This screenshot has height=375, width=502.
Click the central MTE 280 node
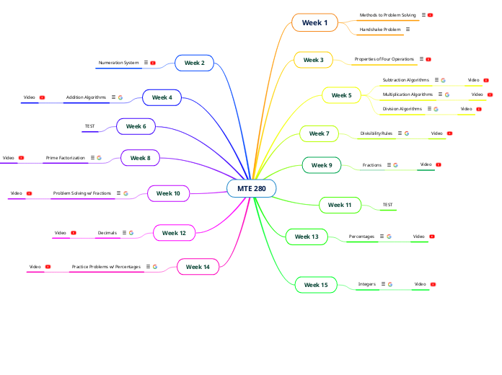[251, 188]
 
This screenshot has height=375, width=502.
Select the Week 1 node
[314, 23]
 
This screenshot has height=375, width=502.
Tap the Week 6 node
[136, 126]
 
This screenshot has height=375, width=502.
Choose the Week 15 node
[316, 285]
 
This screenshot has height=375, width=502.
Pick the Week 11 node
[340, 205]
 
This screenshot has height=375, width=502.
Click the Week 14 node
[198, 267]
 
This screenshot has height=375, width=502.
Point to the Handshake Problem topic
[380, 30]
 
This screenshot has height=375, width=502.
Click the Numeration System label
[118, 63]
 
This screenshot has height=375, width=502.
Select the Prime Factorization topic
[65, 157]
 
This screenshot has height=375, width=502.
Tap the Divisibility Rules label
[376, 133]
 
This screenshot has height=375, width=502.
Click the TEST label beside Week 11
[388, 205]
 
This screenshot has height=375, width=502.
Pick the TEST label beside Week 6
[89, 126]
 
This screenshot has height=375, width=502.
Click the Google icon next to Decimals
[131, 233]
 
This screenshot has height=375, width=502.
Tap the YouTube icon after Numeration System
[153, 63]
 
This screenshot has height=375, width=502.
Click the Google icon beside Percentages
[389, 237]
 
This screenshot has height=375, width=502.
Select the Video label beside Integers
[420, 284]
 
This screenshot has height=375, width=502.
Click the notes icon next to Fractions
[387, 165]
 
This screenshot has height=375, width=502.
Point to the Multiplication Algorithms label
[408, 94]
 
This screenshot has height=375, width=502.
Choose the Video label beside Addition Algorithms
[30, 97]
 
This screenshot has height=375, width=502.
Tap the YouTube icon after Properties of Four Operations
[428, 59]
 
